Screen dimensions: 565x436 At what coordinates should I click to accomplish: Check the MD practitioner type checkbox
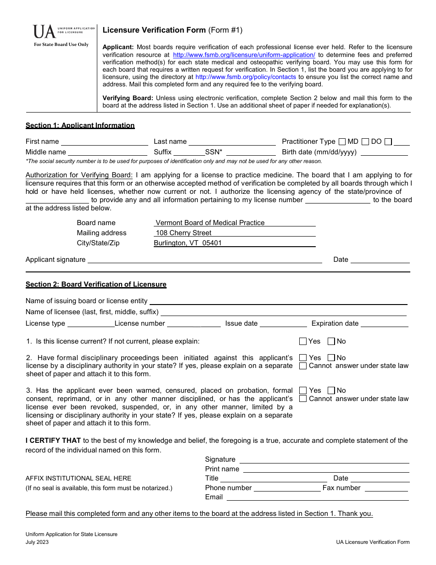click(x=342, y=141)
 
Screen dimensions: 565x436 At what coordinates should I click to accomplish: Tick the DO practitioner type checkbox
click(x=365, y=141)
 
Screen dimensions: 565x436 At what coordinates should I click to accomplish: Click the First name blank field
click(x=104, y=142)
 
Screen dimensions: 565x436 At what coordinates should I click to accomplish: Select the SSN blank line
click(x=251, y=153)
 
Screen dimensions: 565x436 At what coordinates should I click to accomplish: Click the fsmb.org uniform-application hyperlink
click(x=244, y=55)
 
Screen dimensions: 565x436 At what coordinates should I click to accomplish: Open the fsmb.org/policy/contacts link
click(x=246, y=77)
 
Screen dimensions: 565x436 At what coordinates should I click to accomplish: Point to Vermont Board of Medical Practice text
click(x=210, y=223)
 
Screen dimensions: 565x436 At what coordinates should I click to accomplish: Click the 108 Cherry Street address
click(x=184, y=233)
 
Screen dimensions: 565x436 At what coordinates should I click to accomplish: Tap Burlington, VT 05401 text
click(x=188, y=243)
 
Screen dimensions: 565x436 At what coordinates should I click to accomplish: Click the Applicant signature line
click(x=204, y=260)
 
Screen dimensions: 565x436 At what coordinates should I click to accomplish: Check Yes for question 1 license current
click(x=303, y=341)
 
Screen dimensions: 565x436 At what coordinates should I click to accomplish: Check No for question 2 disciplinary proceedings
click(x=331, y=357)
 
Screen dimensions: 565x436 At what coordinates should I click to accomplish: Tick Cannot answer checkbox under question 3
click(x=303, y=399)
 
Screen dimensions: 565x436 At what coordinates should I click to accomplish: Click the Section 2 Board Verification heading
click(x=96, y=284)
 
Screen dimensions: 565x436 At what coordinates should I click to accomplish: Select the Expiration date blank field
click(x=384, y=324)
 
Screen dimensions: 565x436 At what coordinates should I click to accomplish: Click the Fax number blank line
click(x=386, y=488)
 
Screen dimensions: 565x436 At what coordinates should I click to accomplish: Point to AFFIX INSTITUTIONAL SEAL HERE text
click(x=78, y=478)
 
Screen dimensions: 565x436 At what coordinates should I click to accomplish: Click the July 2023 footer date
click(x=37, y=542)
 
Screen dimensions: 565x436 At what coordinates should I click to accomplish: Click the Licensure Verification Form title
click(x=154, y=30)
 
